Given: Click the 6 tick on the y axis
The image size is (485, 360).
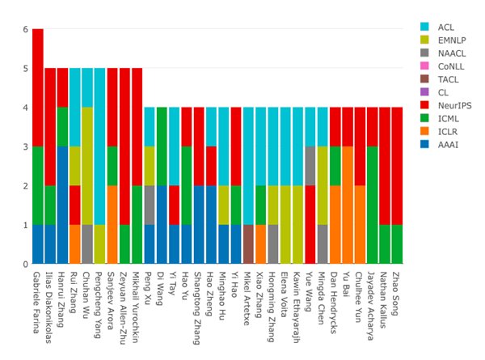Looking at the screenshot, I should point(26,29).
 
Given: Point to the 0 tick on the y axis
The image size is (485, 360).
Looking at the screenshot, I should point(26,264).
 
